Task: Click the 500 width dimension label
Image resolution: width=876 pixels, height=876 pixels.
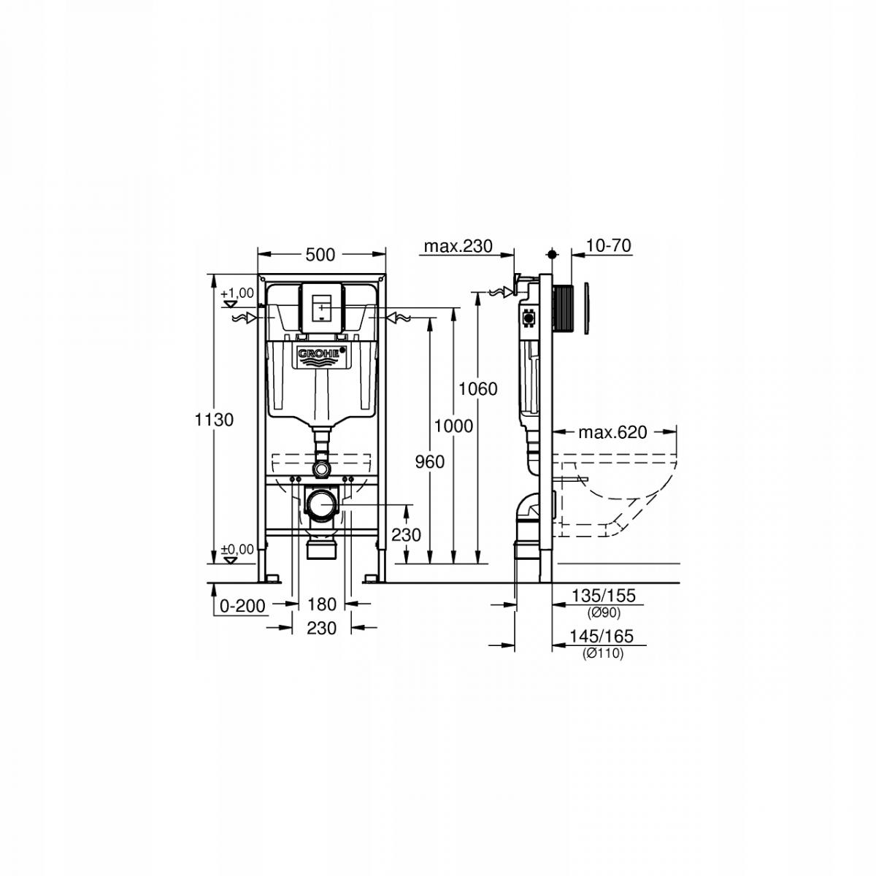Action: (x=320, y=255)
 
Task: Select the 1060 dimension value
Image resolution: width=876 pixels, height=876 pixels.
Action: (x=478, y=388)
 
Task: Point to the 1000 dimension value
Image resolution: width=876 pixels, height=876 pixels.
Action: (x=453, y=425)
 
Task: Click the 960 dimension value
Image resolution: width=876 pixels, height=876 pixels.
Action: (x=429, y=461)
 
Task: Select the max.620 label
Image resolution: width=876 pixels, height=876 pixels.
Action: (x=612, y=432)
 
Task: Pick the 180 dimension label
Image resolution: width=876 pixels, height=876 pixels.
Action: (x=322, y=604)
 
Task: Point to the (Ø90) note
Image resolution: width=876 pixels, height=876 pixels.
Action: (x=603, y=612)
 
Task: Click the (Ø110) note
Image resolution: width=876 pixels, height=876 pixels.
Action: (x=603, y=654)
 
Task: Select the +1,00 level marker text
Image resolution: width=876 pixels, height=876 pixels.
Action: (x=237, y=292)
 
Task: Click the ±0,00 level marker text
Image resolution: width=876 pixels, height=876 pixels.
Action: (x=237, y=549)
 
